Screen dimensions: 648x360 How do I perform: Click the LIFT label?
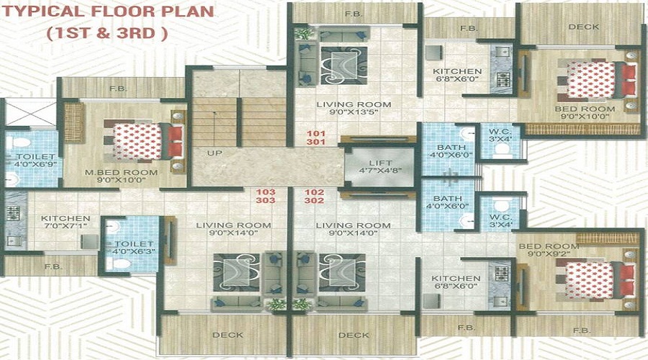click(381, 163)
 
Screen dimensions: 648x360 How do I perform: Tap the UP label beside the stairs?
click(215, 153)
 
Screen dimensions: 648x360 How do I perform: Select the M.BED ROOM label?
click(121, 172)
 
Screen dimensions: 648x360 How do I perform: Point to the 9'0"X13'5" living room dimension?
click(354, 112)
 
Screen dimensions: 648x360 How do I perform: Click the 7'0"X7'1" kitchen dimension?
click(66, 227)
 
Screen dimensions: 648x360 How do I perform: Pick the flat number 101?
click(316, 133)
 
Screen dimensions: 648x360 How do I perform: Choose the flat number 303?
click(266, 200)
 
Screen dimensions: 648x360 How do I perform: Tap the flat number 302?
click(315, 200)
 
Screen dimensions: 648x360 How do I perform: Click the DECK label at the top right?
click(583, 27)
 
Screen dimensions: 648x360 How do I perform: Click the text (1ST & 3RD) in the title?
click(107, 32)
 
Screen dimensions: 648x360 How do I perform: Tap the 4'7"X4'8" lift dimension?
click(381, 171)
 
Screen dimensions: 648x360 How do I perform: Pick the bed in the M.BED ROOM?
click(143, 141)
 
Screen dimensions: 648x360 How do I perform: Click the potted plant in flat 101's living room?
click(304, 33)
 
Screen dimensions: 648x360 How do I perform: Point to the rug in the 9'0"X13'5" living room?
click(344, 66)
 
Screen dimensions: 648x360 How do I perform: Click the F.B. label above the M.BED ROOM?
click(118, 89)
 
